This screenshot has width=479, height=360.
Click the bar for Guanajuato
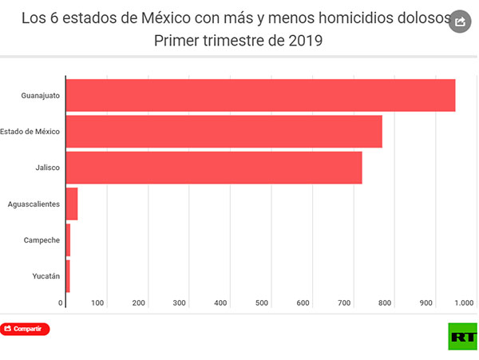coord(260,95)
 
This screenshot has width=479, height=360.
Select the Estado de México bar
coord(224,132)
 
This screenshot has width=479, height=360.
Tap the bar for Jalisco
coord(214,168)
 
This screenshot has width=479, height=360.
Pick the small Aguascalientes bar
coord(72,204)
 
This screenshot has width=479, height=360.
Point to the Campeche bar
coord(68,240)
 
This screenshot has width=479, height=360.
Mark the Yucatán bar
coord(68,276)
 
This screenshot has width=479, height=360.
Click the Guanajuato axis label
coord(40,96)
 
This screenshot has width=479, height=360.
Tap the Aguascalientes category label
coord(34,204)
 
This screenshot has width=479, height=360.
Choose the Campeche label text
coord(42,240)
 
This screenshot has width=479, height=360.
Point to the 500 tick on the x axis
coord(262,303)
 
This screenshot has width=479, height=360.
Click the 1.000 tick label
coord(464,303)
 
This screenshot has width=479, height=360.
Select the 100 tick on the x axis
coord(97,303)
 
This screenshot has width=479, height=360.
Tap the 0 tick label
coord(61,303)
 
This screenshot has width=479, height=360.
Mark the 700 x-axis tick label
coord(344,303)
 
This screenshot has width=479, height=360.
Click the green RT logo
coord(461,337)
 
